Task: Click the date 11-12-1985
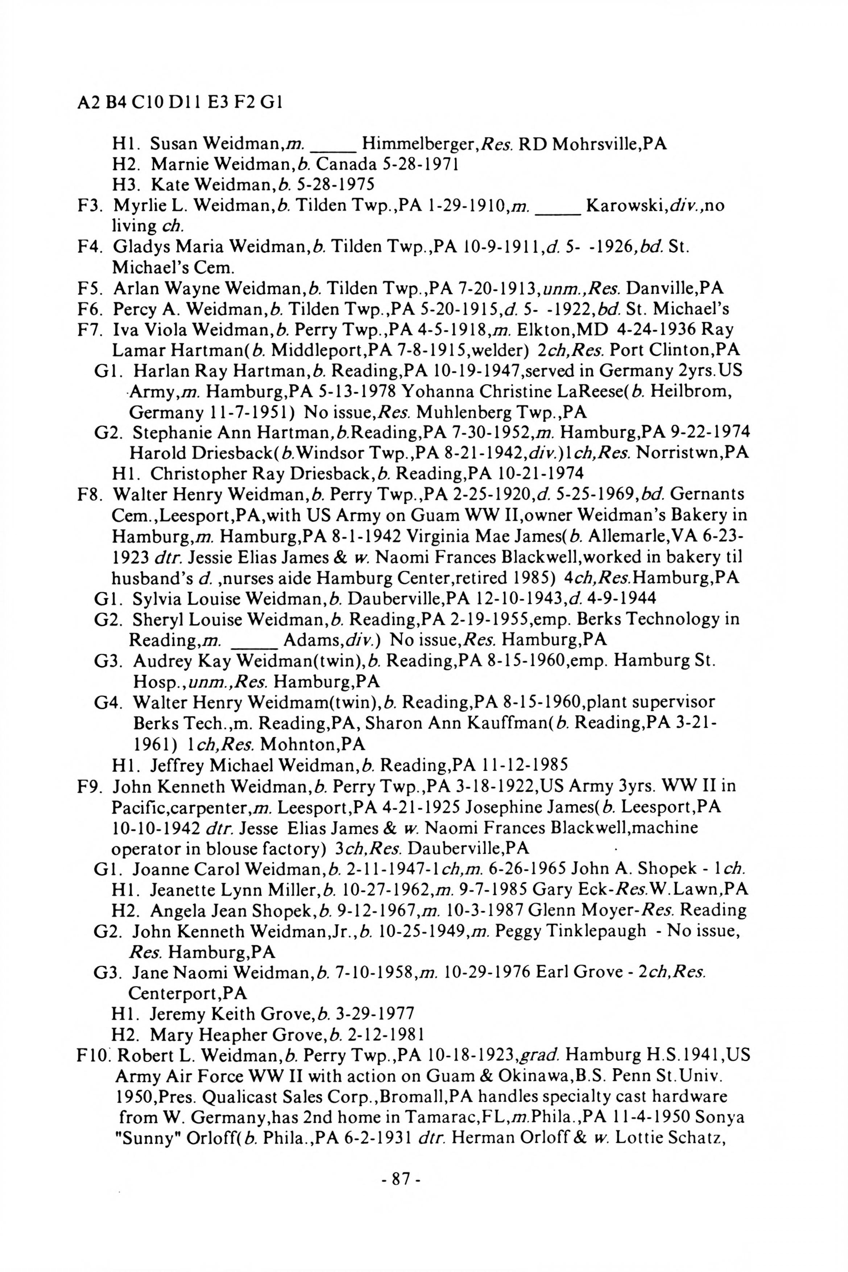[x=521, y=765]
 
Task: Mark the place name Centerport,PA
[x=188, y=994]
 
